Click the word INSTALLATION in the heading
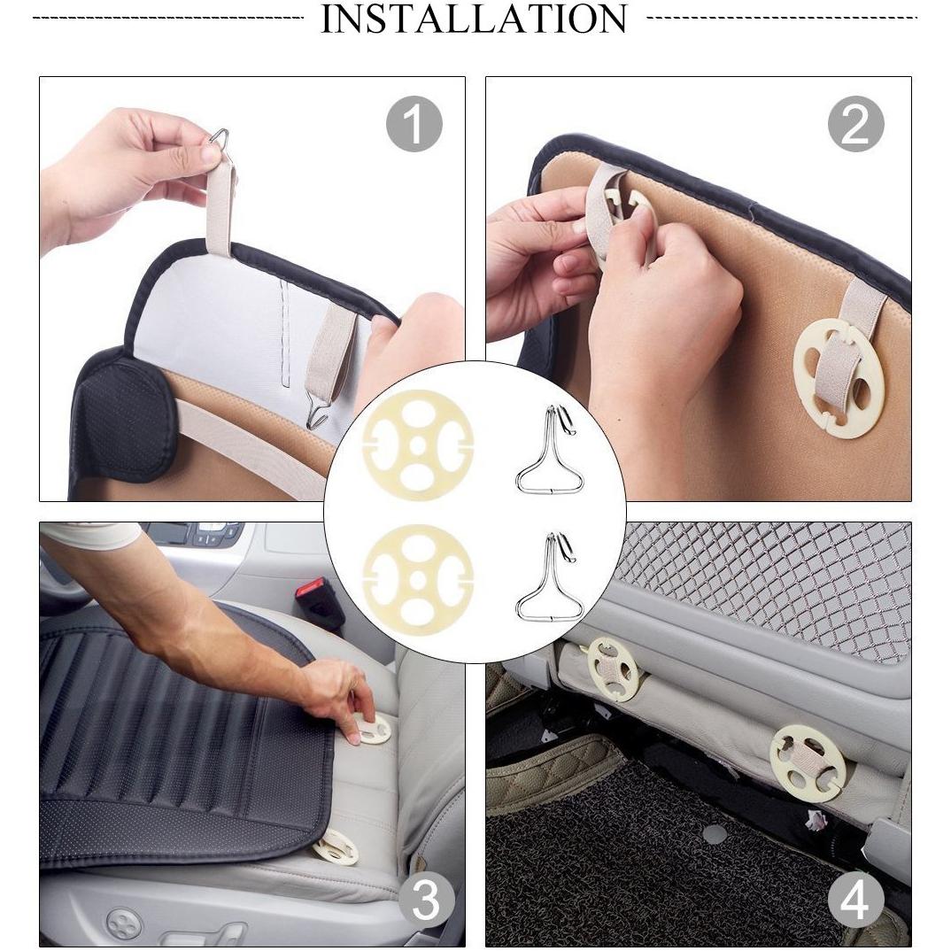tap(474, 19)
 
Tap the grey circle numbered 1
tap(414, 124)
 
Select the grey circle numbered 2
tap(855, 124)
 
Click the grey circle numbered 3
tap(426, 901)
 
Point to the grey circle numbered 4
tap(855, 901)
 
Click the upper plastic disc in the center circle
tap(418, 445)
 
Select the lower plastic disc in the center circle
tap(418, 580)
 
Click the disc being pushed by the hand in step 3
tap(371, 729)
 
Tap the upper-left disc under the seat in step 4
tap(613, 669)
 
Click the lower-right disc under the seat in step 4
tap(808, 763)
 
